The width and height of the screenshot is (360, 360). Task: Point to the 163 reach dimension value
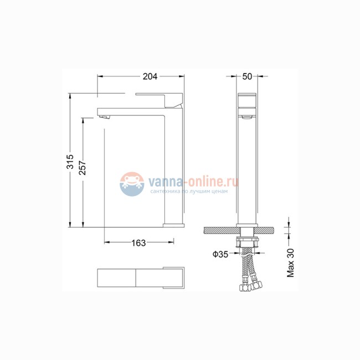[139, 243]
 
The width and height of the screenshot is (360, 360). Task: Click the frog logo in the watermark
[131, 183]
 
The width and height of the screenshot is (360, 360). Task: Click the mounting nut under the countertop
[248, 243]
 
